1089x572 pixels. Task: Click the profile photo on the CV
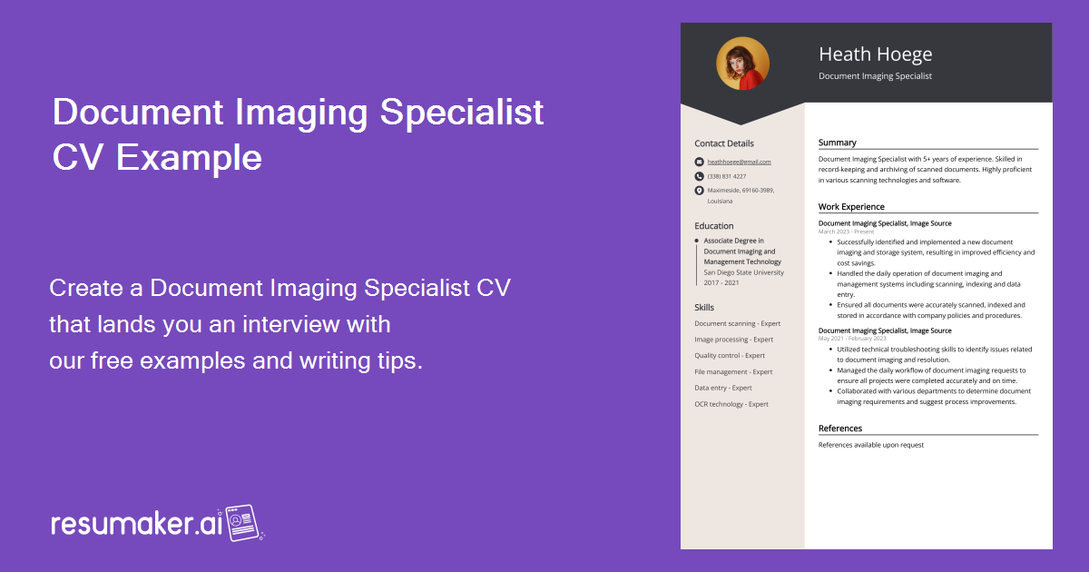click(x=742, y=64)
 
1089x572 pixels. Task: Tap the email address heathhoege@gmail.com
click(x=739, y=162)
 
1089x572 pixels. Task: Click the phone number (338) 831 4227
click(x=727, y=176)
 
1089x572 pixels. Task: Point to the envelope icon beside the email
click(x=699, y=162)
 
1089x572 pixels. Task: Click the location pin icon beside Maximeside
click(x=699, y=191)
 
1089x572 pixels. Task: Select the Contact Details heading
click(x=724, y=143)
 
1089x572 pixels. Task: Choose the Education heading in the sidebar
click(x=714, y=226)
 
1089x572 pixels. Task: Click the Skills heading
click(x=704, y=308)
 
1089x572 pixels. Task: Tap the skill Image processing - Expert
click(x=733, y=340)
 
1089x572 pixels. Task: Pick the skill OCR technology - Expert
click(x=731, y=404)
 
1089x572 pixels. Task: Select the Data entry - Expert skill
click(x=723, y=388)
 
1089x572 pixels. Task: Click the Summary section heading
click(x=838, y=143)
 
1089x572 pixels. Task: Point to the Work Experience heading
click(x=851, y=207)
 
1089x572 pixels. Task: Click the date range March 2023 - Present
click(x=846, y=232)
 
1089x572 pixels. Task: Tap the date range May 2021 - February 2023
click(x=852, y=339)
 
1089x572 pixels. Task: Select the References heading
click(x=840, y=429)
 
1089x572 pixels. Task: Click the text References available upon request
click(x=871, y=445)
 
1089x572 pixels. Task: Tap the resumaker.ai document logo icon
click(x=243, y=522)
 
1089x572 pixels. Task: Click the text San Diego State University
click(x=744, y=272)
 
